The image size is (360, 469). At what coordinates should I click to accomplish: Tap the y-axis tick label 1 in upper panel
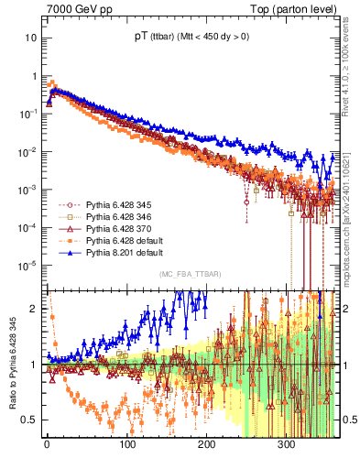tap(34, 76)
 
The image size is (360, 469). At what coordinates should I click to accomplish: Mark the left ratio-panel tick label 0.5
tap(28, 420)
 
